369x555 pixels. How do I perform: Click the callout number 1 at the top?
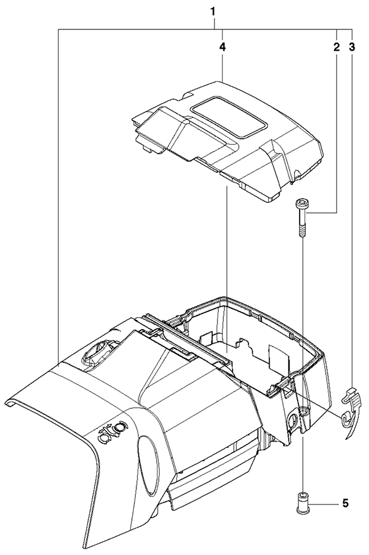coord(213,12)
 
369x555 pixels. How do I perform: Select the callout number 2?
coord(336,47)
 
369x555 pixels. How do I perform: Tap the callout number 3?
coord(351,47)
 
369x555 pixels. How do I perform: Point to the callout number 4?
coord(222,47)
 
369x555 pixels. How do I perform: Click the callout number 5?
coord(345,503)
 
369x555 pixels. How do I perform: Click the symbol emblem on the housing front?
coord(111,432)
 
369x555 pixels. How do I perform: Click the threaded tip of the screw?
coord(302,232)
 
